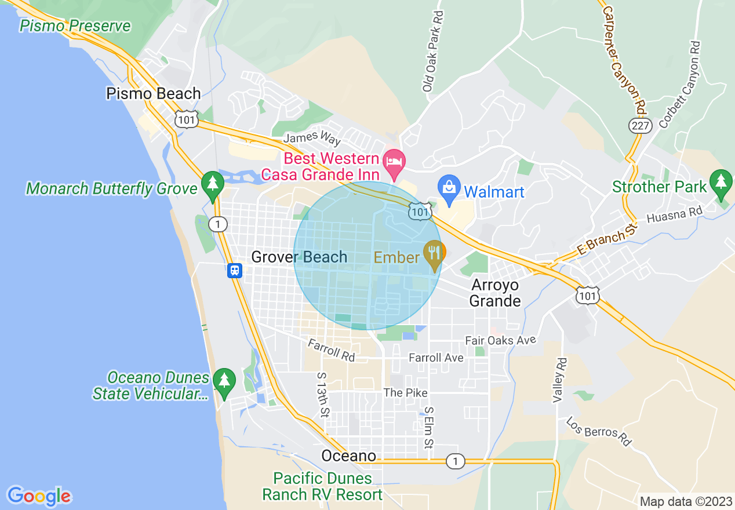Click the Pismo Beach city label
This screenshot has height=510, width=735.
tap(154, 93)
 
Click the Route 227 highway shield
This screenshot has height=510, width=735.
tap(641, 125)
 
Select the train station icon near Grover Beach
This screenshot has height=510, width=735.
tap(235, 270)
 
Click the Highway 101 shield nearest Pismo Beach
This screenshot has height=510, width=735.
tap(186, 119)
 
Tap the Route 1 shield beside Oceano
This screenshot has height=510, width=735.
tap(456, 461)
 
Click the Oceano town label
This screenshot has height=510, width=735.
tap(349, 456)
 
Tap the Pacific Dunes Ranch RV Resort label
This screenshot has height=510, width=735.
tap(322, 486)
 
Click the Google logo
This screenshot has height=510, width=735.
tap(39, 496)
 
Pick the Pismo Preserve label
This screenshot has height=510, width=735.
tap(75, 26)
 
